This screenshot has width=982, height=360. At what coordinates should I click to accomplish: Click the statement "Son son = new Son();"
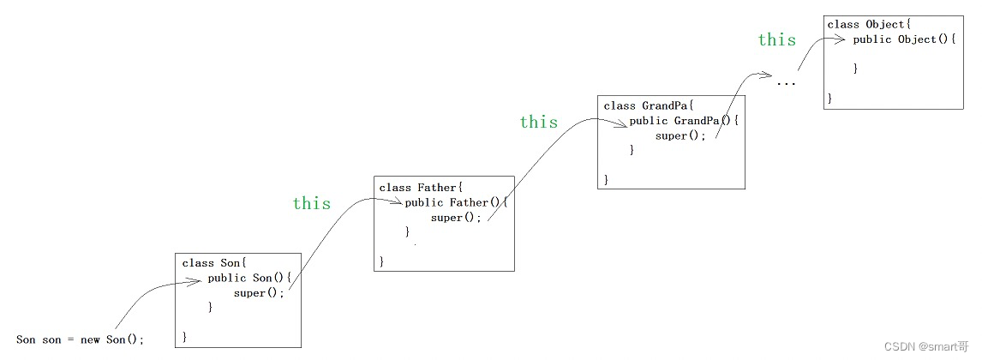tap(81, 339)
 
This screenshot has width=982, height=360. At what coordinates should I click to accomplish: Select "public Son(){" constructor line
tap(250, 278)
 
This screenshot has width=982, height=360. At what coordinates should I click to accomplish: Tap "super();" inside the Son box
tap(258, 292)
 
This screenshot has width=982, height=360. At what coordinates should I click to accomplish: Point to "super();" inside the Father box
tap(457, 217)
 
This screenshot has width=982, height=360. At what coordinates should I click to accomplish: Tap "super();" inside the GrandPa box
tap(681, 135)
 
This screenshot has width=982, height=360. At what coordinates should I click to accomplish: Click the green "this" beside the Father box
tap(311, 203)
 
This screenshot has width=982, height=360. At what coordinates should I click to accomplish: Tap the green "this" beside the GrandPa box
tap(538, 122)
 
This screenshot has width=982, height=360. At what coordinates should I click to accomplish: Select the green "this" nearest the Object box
tap(776, 39)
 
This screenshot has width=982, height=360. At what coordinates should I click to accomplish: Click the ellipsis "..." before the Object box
tap(786, 84)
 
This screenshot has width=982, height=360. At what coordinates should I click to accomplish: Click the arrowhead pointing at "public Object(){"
tap(844, 40)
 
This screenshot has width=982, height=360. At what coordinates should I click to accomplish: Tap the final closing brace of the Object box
tap(829, 99)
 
